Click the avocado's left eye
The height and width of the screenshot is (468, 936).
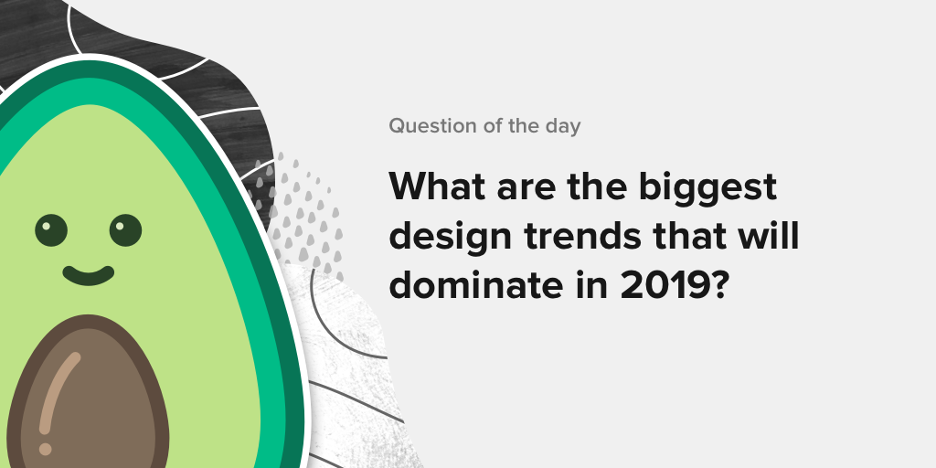(51, 230)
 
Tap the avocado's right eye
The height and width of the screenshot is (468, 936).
(125, 230)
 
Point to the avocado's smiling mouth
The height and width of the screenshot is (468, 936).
(89, 276)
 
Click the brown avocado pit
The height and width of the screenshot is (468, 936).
(89, 394)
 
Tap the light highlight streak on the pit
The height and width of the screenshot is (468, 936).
(58, 391)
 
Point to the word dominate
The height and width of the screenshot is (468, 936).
(475, 285)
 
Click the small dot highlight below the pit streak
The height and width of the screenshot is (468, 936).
(46, 448)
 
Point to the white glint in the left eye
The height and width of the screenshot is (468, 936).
(44, 226)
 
